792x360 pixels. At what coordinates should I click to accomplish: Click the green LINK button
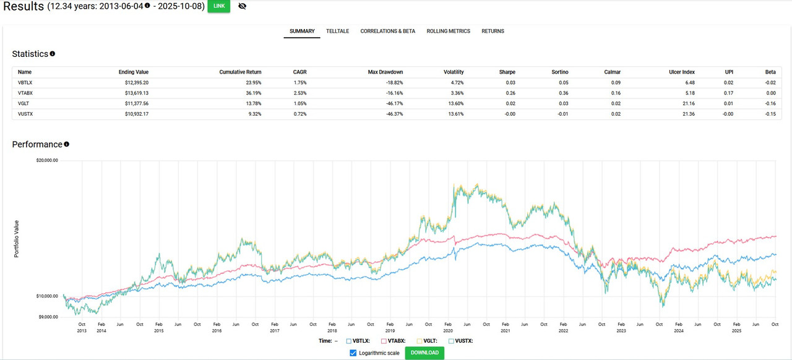point(218,6)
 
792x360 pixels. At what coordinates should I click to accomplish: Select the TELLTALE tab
point(338,31)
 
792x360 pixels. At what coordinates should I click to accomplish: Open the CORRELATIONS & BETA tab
point(387,31)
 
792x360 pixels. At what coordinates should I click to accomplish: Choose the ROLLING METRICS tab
point(448,31)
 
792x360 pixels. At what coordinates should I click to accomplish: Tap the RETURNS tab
point(493,31)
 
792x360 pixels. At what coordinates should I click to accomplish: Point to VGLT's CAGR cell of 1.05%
point(299,104)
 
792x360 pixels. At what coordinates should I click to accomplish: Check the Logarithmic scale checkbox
point(353,353)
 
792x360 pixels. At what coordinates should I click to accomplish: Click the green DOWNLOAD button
point(424,353)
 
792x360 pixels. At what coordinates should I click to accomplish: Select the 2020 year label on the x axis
point(447,331)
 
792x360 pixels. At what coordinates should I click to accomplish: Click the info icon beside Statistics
point(53,54)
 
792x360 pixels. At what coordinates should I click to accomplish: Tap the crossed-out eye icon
point(242,6)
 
